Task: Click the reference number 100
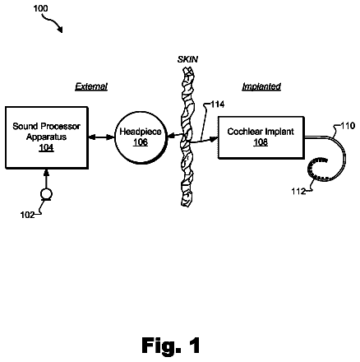[x=40, y=8]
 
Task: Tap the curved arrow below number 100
[x=53, y=22]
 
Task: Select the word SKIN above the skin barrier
[x=187, y=59]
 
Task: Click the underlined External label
[x=91, y=86]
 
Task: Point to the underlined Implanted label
[x=261, y=86]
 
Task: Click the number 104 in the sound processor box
[x=46, y=147]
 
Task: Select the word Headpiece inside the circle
[x=141, y=132]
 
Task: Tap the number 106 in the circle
[x=141, y=142]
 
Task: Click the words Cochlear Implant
[x=261, y=132]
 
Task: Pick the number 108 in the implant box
[x=261, y=142]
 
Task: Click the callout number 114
[x=218, y=104]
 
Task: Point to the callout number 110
[x=348, y=126]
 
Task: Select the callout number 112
[x=298, y=191]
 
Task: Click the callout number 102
[x=27, y=215]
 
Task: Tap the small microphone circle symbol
[x=46, y=194]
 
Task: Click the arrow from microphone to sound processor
[x=46, y=179]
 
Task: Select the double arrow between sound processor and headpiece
[x=101, y=137]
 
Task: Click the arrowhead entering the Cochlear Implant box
[x=214, y=139]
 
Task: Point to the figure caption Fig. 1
[x=171, y=346]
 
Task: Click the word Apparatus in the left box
[x=46, y=137]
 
